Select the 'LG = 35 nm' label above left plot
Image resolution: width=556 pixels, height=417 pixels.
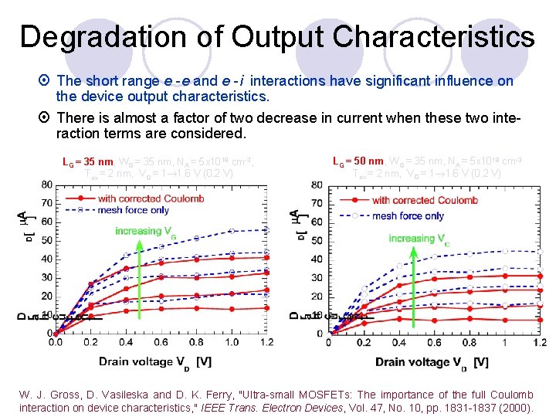tap(87, 162)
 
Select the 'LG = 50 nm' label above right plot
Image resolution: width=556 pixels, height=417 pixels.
tap(358, 161)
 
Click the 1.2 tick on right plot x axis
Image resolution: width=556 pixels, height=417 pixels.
tap(539, 343)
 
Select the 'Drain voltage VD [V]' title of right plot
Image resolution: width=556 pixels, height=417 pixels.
tap(432, 361)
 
